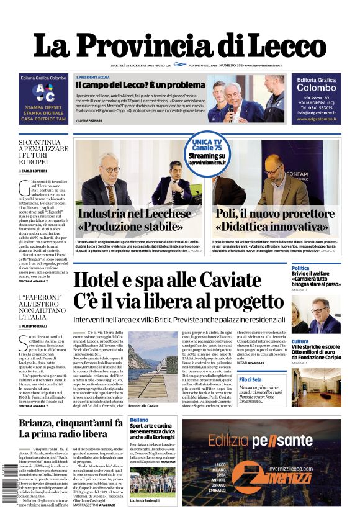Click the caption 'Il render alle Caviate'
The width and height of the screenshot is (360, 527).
click(143, 405)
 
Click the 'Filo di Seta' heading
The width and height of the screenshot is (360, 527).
click(303, 379)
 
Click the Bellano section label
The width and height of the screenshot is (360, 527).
click(140, 420)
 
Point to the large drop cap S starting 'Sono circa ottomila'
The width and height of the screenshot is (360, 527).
click(23, 341)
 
